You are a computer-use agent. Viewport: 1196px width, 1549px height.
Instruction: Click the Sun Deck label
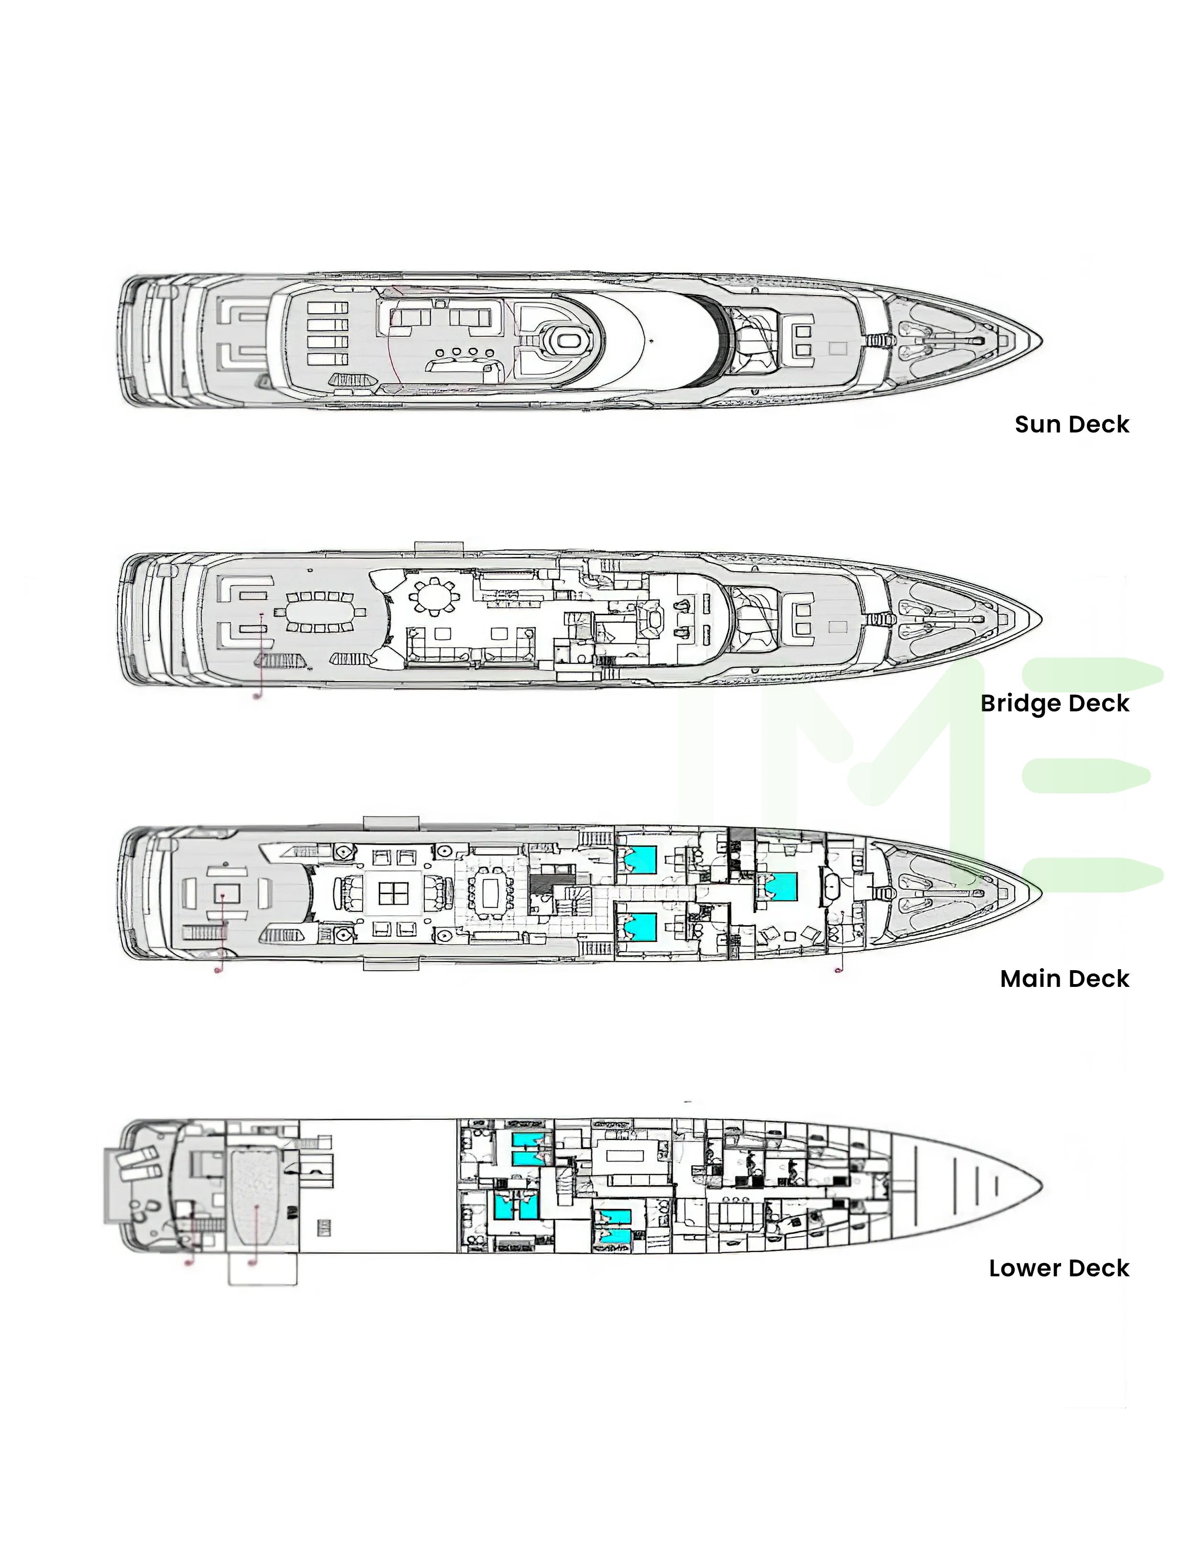1071,424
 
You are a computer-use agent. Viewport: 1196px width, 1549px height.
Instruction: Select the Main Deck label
1064,979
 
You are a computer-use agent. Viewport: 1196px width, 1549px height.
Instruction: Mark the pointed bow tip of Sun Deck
1041,341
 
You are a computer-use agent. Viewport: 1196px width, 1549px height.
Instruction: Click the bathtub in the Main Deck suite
831,886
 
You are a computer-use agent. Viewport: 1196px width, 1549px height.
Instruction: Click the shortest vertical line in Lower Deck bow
997,1186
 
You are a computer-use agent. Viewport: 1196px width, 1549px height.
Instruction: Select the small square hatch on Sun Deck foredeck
837,349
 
